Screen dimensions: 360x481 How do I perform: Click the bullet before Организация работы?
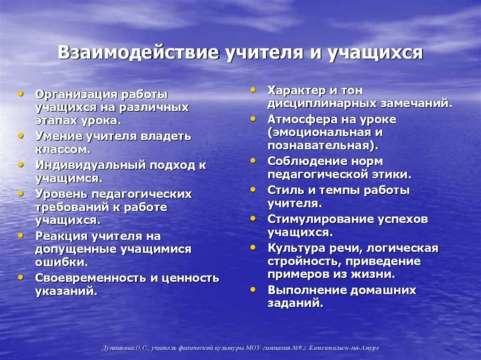21,94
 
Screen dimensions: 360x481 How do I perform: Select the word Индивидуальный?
90,165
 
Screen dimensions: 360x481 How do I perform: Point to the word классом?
61,149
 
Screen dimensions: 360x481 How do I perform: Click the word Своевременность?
91,278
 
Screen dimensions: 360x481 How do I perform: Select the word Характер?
296,90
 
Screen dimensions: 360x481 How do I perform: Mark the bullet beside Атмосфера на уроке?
253,119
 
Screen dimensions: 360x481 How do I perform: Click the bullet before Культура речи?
253,247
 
